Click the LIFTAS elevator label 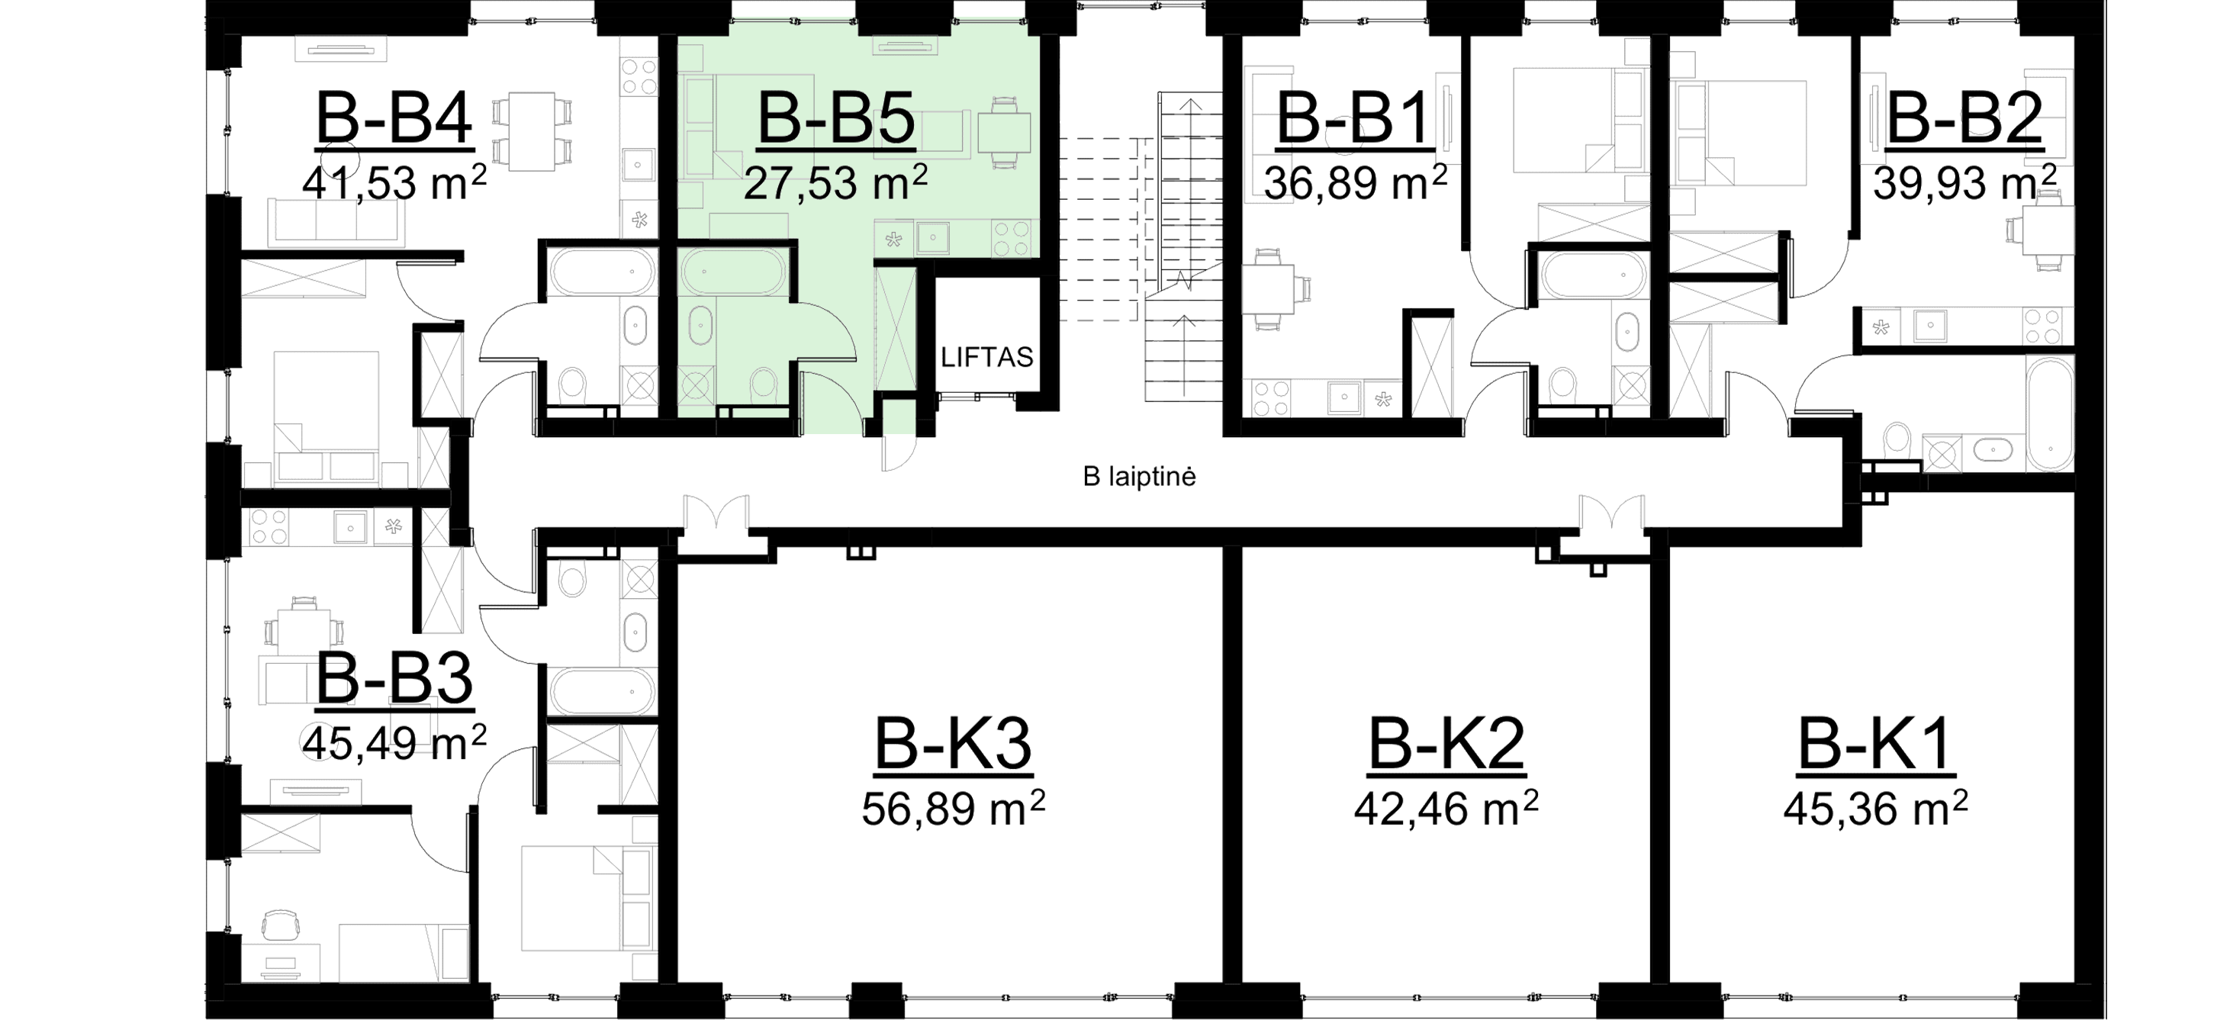987,357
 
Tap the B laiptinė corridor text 1139,477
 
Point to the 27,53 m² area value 835,182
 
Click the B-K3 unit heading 954,742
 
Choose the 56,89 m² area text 954,808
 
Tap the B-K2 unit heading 1446,742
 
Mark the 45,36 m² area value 1875,808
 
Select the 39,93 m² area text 1965,183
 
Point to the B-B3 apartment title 394,678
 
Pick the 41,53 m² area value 394,182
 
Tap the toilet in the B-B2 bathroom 1897,442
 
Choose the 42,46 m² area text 1446,808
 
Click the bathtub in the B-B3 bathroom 602,690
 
